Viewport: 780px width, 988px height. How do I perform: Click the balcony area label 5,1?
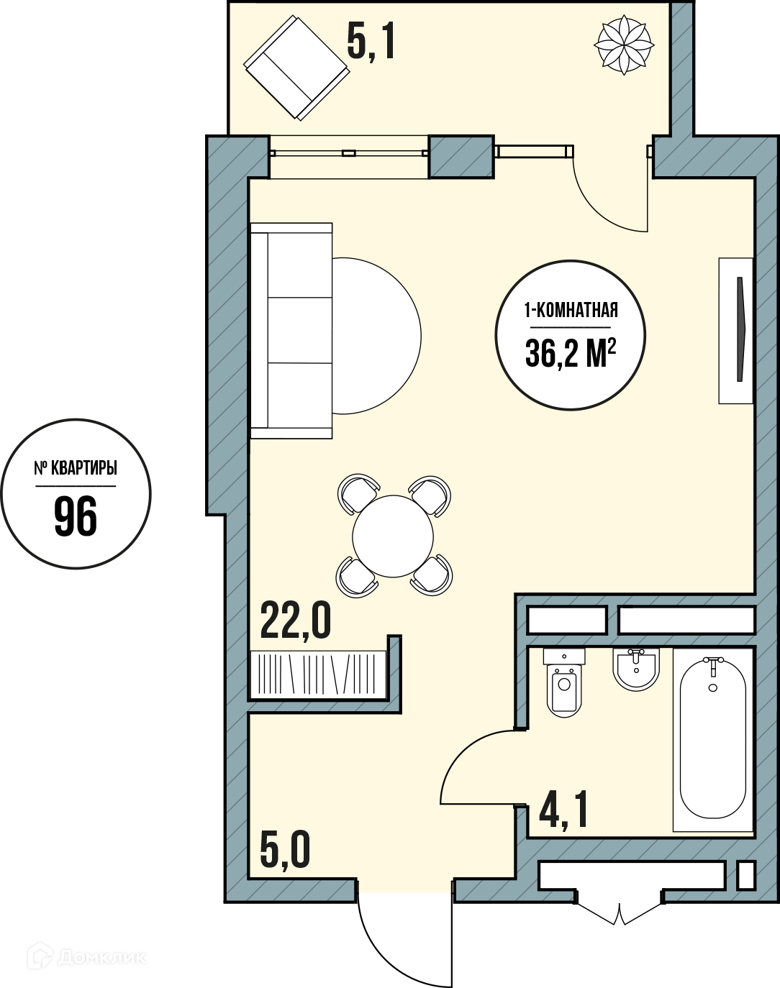click(371, 42)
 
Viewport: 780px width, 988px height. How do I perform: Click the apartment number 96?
click(76, 517)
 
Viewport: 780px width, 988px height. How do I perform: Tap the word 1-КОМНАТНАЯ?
click(571, 311)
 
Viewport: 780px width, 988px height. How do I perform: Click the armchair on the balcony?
click(296, 68)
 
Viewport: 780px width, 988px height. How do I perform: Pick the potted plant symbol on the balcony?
click(624, 45)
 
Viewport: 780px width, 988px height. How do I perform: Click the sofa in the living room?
click(291, 331)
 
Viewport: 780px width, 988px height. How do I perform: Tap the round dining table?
click(393, 536)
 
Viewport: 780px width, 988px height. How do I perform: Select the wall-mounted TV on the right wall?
click(736, 331)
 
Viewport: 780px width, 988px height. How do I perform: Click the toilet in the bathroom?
click(564, 682)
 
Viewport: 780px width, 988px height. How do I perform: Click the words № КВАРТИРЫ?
click(76, 468)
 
